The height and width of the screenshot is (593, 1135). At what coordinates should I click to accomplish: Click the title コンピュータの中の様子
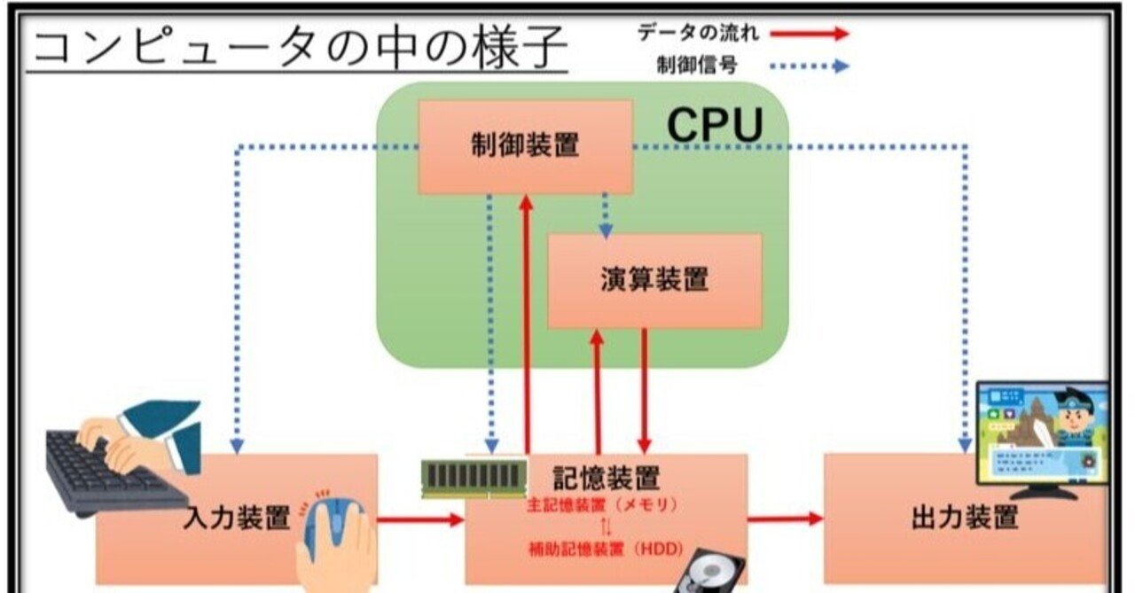(298, 49)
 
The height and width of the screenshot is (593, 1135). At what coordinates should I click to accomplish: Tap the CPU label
(715, 125)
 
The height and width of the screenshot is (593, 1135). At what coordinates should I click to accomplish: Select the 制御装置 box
(525, 146)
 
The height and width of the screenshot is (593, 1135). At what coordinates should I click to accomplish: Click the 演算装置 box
(654, 280)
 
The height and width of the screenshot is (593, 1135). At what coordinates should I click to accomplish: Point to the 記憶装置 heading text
(607, 478)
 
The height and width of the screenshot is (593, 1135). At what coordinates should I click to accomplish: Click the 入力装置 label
(239, 518)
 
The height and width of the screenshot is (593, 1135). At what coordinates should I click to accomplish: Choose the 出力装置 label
(965, 518)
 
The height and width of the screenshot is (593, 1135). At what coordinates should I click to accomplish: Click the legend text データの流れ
(699, 34)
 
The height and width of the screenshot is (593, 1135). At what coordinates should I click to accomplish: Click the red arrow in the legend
(809, 34)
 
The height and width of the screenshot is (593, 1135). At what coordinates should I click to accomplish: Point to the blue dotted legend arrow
(809, 66)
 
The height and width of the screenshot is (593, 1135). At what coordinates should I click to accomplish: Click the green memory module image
(474, 477)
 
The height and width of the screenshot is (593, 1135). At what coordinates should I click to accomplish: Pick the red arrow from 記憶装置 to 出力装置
(786, 519)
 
